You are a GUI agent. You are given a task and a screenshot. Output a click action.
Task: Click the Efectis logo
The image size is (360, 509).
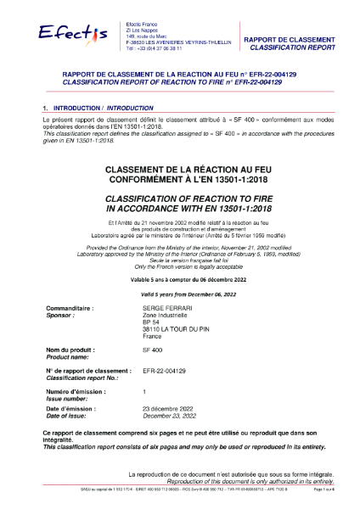coord(72,33)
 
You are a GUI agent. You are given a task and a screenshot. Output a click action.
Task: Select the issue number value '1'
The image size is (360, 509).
coord(145,392)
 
